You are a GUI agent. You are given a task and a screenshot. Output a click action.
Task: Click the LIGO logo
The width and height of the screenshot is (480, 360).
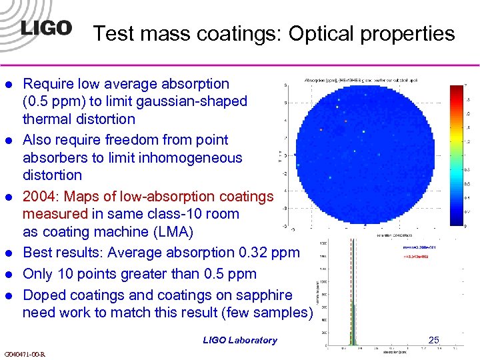pos(45,29)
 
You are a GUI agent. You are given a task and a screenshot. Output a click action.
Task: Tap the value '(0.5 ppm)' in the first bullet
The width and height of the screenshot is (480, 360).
pos(51,101)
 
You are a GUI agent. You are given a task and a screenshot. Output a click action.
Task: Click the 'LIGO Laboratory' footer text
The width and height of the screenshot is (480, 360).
pos(240,340)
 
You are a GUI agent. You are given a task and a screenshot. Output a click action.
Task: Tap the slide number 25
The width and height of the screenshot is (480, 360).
pos(434,340)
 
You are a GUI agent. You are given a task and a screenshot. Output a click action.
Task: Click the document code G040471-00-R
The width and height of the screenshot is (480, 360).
pos(25,354)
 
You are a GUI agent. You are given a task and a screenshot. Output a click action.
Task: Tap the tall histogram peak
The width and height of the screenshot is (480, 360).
pos(349,293)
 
